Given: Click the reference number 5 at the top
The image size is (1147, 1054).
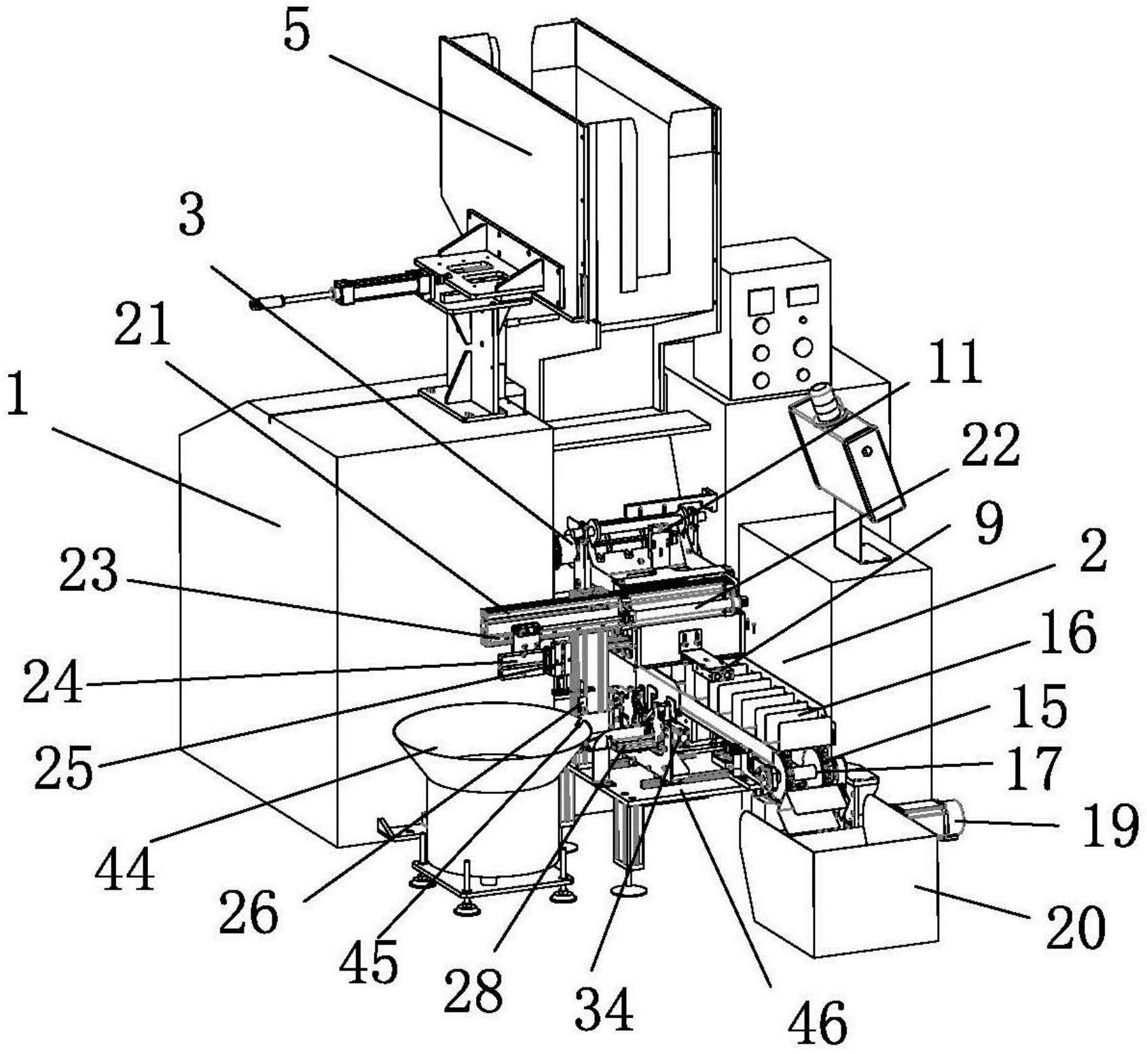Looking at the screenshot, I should click(297, 33).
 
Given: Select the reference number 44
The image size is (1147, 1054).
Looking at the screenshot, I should click(124, 871).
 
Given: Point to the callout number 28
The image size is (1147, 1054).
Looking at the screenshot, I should click(473, 987).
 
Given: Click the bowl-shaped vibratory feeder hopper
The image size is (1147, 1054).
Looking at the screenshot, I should click(475, 740).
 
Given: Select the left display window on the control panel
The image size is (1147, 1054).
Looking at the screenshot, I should click(760, 299).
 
